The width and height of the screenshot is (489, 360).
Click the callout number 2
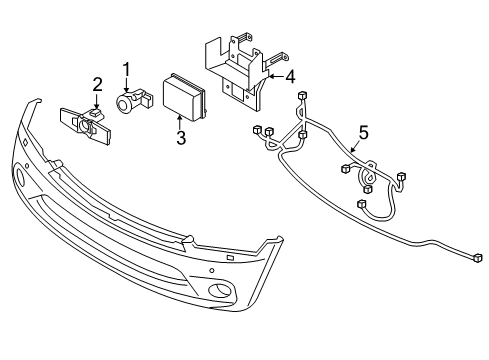pos(97,83)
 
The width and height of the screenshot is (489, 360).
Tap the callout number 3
pos(180,138)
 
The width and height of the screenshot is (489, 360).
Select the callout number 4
pos(289,75)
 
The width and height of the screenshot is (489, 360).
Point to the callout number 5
pos(363,131)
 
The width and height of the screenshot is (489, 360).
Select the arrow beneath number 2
pos(96,100)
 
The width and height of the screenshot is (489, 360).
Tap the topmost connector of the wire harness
pos(302,95)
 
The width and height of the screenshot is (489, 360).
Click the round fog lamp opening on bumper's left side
pos(21,179)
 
